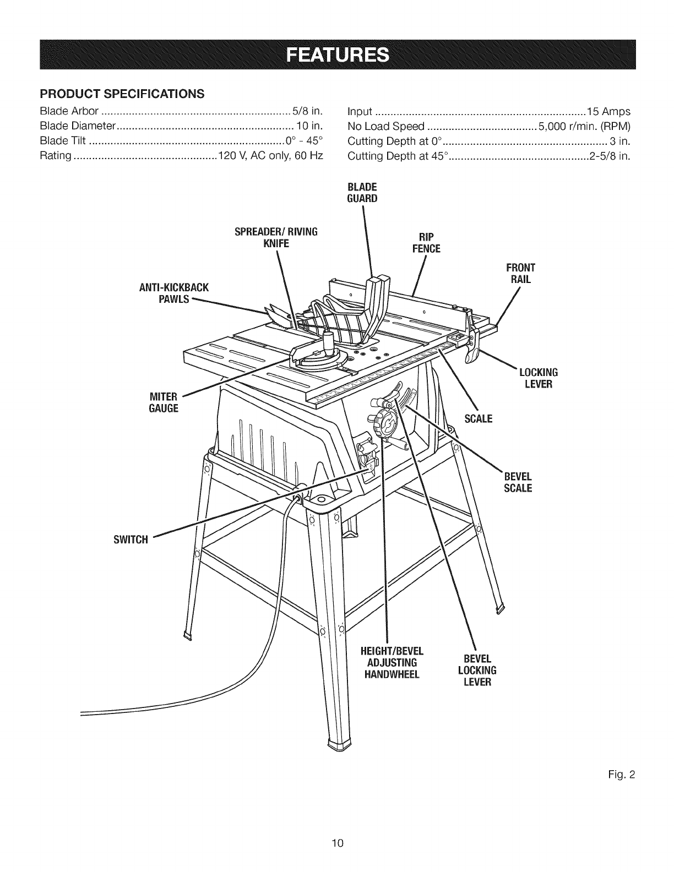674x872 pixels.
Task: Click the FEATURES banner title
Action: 337,55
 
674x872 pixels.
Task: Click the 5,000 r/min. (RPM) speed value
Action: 584,126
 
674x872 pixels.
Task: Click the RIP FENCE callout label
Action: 426,243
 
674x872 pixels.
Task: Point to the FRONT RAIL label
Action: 520,274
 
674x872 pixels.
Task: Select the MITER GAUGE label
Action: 164,402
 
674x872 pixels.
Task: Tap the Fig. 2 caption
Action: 625,775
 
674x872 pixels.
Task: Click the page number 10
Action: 337,842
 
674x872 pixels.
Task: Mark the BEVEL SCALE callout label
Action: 518,482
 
